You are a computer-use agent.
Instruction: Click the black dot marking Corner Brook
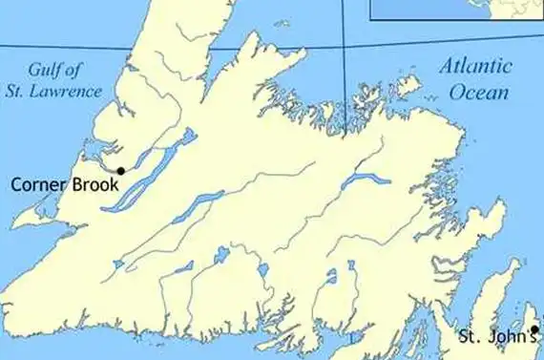120,170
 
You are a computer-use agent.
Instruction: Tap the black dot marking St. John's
535,329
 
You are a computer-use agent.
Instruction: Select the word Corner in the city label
40,184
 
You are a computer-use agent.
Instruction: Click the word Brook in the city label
95,184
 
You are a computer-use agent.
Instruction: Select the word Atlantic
475,68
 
